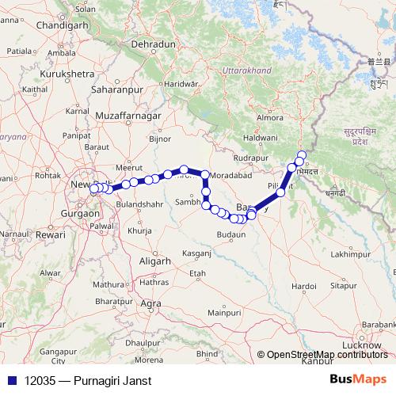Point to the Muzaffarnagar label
[128, 116]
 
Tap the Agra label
[150, 303]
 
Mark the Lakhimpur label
[352, 254]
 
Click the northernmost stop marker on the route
[302, 154]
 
